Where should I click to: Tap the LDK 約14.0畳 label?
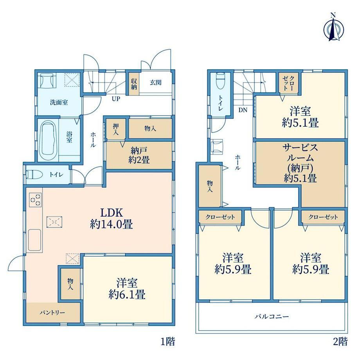click(112, 218)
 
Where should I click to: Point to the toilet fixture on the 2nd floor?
click(220, 81)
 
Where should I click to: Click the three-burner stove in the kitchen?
click(35, 199)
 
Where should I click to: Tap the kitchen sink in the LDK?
click(34, 240)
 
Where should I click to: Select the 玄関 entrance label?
click(155, 83)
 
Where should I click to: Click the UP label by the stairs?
click(116, 99)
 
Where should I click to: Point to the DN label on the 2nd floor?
click(243, 110)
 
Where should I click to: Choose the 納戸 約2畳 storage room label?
click(139, 155)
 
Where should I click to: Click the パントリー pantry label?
click(52, 313)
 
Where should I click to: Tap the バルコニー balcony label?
click(272, 317)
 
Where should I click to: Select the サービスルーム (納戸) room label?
click(300, 163)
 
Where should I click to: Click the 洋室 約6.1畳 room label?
click(127, 289)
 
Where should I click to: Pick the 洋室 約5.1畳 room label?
click(300, 117)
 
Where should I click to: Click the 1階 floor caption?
click(168, 341)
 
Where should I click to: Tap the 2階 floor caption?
click(340, 341)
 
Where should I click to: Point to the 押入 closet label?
click(116, 129)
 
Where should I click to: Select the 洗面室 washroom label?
click(59, 103)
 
